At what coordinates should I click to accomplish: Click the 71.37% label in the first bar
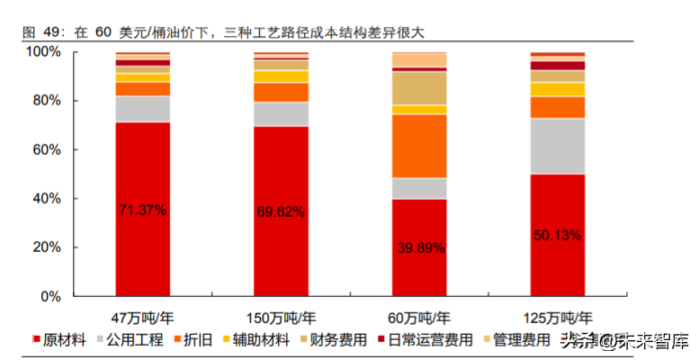pyautogui.click(x=142, y=210)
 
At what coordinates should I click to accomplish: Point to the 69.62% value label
pyautogui.click(x=281, y=212)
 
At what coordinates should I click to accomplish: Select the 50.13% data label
pyautogui.click(x=558, y=236)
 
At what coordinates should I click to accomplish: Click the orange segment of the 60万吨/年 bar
pyautogui.click(x=419, y=146)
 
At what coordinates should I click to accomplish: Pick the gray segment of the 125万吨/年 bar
pyautogui.click(x=558, y=146)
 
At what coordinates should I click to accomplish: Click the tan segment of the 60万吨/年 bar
pyautogui.click(x=419, y=88)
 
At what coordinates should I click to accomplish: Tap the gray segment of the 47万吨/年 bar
pyautogui.click(x=142, y=108)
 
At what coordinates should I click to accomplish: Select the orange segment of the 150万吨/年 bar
pyautogui.click(x=281, y=92)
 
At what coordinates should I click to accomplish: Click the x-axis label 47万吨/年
pyautogui.click(x=142, y=318)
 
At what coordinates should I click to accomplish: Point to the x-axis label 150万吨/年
pyautogui.click(x=281, y=318)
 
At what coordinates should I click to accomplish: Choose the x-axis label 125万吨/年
pyautogui.click(x=558, y=318)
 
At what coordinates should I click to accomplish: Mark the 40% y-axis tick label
pyautogui.click(x=46, y=198)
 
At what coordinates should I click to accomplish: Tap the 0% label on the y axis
pyautogui.click(x=50, y=296)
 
